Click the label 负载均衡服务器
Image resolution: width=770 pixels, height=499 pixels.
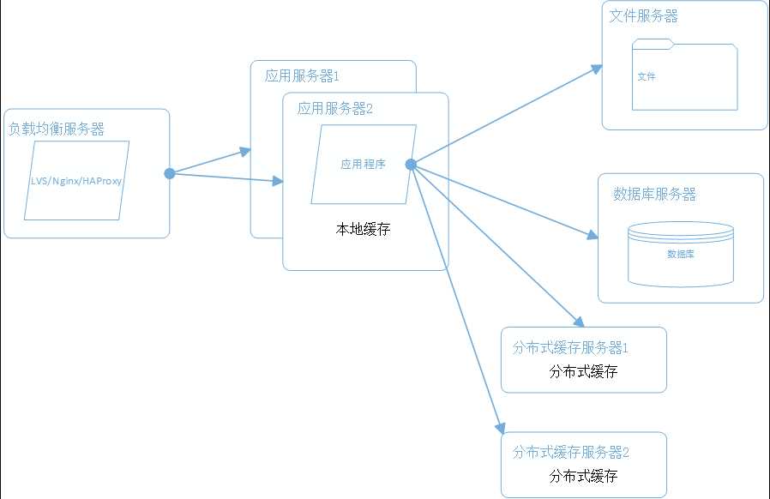[57, 129]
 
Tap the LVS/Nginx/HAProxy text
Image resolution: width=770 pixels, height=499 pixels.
[76, 181]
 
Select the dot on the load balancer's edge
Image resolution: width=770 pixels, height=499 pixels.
[170, 173]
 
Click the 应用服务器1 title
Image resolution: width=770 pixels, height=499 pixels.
[302, 76]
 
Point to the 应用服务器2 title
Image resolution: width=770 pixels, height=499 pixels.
[335, 109]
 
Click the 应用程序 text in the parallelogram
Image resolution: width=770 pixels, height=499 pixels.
[363, 164]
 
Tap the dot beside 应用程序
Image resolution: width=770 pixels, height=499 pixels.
[411, 165]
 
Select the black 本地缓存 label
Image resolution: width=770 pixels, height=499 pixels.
[363, 229]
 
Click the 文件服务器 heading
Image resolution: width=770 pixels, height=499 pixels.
[644, 16]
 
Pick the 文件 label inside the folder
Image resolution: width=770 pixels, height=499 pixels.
[647, 76]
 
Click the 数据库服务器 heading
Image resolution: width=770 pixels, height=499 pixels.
[654, 195]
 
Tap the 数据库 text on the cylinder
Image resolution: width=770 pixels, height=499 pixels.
[681, 254]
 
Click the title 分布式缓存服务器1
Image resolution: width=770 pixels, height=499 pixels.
[570, 348]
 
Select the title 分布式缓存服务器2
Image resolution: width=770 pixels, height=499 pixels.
[571, 453]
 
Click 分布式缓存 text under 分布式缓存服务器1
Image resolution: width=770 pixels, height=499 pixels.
[583, 371]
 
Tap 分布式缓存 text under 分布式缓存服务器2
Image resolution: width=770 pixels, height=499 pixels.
[583, 476]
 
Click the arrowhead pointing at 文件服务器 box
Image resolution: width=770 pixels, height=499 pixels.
[596, 69]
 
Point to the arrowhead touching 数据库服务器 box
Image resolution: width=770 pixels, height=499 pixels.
[593, 235]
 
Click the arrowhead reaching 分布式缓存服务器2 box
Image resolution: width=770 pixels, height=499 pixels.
[500, 428]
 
